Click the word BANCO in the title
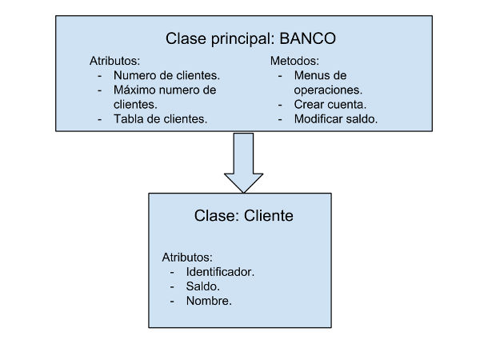[x=308, y=38]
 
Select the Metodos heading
[x=294, y=61]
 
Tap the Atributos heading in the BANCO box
[x=114, y=61]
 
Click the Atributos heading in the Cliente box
[x=187, y=257]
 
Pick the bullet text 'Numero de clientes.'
[x=167, y=75]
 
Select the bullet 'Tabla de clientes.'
[x=161, y=118]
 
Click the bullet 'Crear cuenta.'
[x=330, y=104]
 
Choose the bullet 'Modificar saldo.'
[x=336, y=118]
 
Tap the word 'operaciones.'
[x=328, y=90]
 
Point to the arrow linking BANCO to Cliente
[x=244, y=163]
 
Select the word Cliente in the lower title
[x=269, y=215]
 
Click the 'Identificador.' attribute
[x=220, y=272]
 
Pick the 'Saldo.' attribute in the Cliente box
[x=203, y=286]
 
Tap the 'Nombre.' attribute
[x=209, y=301]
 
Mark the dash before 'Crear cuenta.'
[x=280, y=105]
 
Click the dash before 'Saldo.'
[x=172, y=287]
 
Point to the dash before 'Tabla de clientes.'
[x=99, y=119]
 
